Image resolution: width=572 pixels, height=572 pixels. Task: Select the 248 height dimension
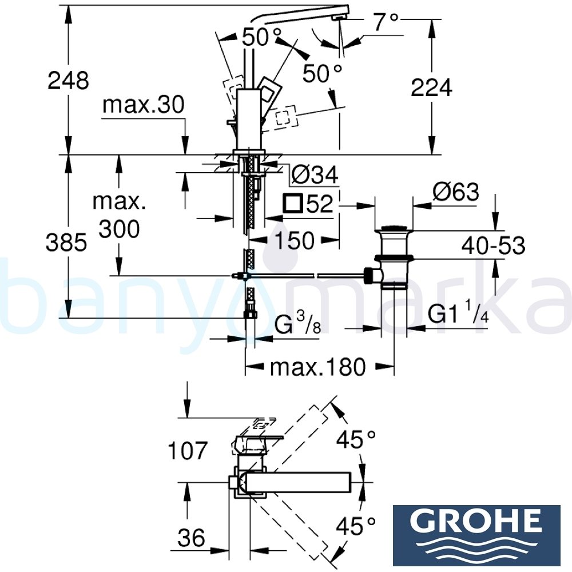coord(68,81)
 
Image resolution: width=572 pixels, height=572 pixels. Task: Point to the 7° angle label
coord(384,23)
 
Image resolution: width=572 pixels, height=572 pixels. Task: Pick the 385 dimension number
coord(67,243)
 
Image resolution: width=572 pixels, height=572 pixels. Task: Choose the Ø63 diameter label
coord(455,192)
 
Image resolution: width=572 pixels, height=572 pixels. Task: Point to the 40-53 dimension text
coord(493,246)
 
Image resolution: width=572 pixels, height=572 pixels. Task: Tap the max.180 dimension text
coord(317,367)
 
